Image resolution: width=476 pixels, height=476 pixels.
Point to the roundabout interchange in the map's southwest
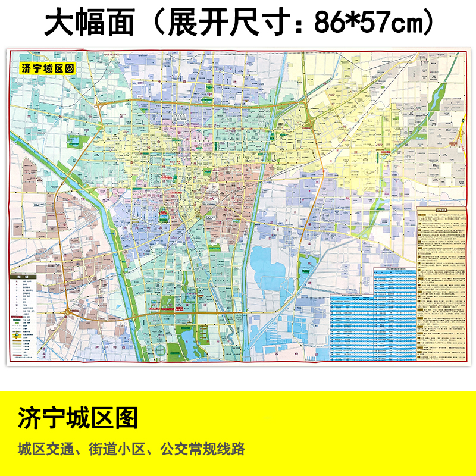(68, 311)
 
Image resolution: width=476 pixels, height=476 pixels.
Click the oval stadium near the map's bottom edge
(159, 351)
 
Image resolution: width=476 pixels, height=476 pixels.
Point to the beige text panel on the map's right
(440, 286)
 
